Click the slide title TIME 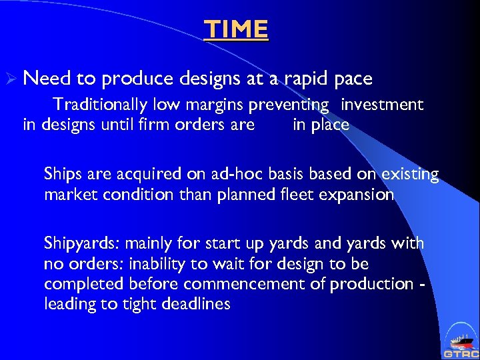(237, 29)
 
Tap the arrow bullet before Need (11, 79)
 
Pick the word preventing (289, 105)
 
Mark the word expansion (359, 195)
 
